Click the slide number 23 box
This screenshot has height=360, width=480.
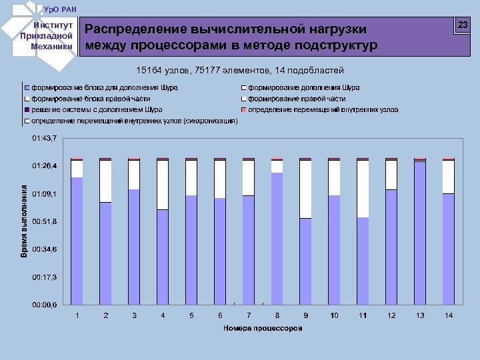click(462, 25)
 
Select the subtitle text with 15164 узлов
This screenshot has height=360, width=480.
click(239, 70)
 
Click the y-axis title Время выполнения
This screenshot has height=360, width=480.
click(24, 221)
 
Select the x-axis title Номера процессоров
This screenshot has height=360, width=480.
click(263, 328)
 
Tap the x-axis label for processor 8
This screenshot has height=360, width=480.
click(277, 315)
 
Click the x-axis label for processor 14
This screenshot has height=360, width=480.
click(449, 315)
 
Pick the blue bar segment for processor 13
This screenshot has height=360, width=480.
click(420, 233)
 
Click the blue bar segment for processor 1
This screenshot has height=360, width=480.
click(77, 241)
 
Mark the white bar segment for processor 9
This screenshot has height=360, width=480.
click(305, 189)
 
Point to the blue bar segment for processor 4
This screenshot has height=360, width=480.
click(163, 257)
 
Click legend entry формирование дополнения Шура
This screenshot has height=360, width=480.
click(303, 88)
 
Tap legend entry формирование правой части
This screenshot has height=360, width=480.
click(297, 99)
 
